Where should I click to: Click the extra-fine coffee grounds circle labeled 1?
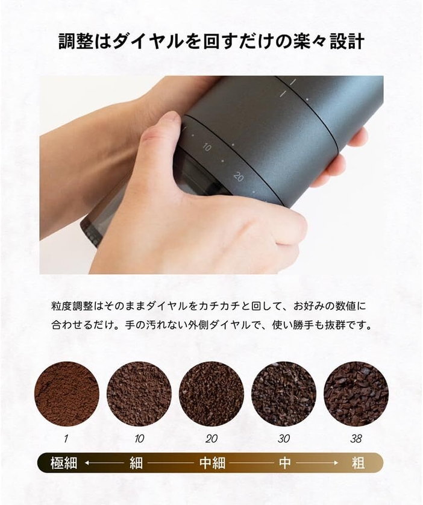coord(66,394)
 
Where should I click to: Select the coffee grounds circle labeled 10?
coord(139,394)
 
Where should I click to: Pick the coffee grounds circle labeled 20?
coord(211,394)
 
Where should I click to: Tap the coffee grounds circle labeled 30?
coord(283,394)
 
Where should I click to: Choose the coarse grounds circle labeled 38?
coord(356,394)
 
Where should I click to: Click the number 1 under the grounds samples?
coord(67,438)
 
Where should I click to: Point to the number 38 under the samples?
coord(356,438)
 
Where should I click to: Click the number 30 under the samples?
coord(283,438)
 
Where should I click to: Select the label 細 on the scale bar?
coord(136,463)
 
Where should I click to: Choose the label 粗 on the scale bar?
coord(358,463)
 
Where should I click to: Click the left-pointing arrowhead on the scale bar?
coord(88,463)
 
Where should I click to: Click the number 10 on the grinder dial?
coord(207,147)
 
